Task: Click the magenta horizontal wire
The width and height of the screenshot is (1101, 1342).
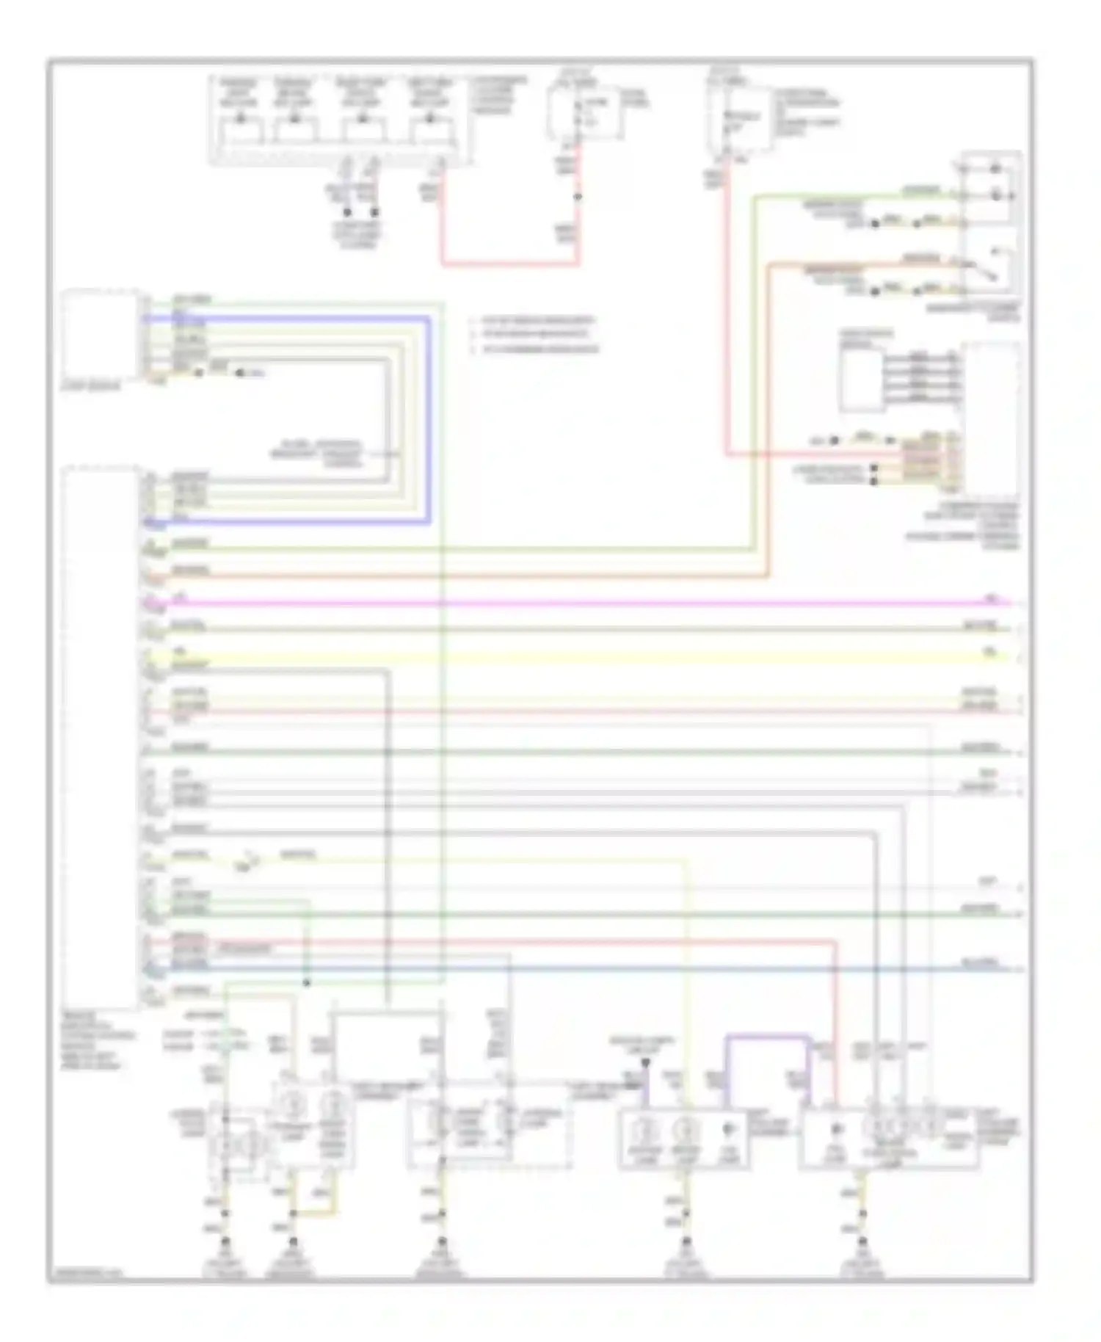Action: [x=587, y=603]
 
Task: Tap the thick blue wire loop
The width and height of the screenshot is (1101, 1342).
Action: [x=429, y=418]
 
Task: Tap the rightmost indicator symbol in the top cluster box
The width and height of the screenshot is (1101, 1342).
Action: [x=430, y=131]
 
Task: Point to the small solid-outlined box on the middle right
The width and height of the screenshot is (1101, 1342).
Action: [x=862, y=380]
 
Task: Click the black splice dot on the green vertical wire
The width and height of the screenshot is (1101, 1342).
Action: [x=307, y=982]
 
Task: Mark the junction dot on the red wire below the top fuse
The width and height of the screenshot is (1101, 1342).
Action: [x=578, y=197]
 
